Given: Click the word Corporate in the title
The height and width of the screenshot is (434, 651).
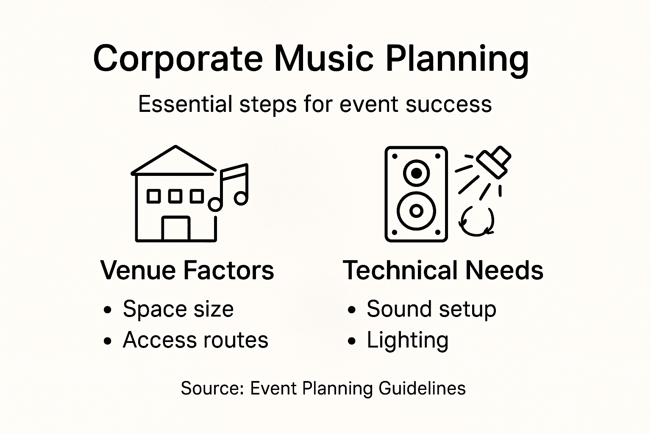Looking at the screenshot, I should [x=177, y=58].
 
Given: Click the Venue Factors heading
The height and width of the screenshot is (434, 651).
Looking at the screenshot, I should [x=187, y=270].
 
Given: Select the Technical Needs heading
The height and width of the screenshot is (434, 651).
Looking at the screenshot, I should [x=443, y=270].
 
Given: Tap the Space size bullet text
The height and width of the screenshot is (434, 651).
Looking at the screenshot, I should [x=178, y=309].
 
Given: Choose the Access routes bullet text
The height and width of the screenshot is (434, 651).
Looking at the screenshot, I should [x=195, y=340].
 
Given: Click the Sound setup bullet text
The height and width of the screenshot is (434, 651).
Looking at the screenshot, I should [x=431, y=309].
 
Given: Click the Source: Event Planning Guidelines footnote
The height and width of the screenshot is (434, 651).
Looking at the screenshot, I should [x=323, y=388].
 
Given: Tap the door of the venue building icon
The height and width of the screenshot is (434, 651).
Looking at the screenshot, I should [x=175, y=229].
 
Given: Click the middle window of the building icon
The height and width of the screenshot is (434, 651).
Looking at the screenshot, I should [x=175, y=197].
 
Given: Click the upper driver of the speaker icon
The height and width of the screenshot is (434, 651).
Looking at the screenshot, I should [x=417, y=173].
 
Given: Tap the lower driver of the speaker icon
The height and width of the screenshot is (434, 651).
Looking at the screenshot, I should [x=416, y=211].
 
